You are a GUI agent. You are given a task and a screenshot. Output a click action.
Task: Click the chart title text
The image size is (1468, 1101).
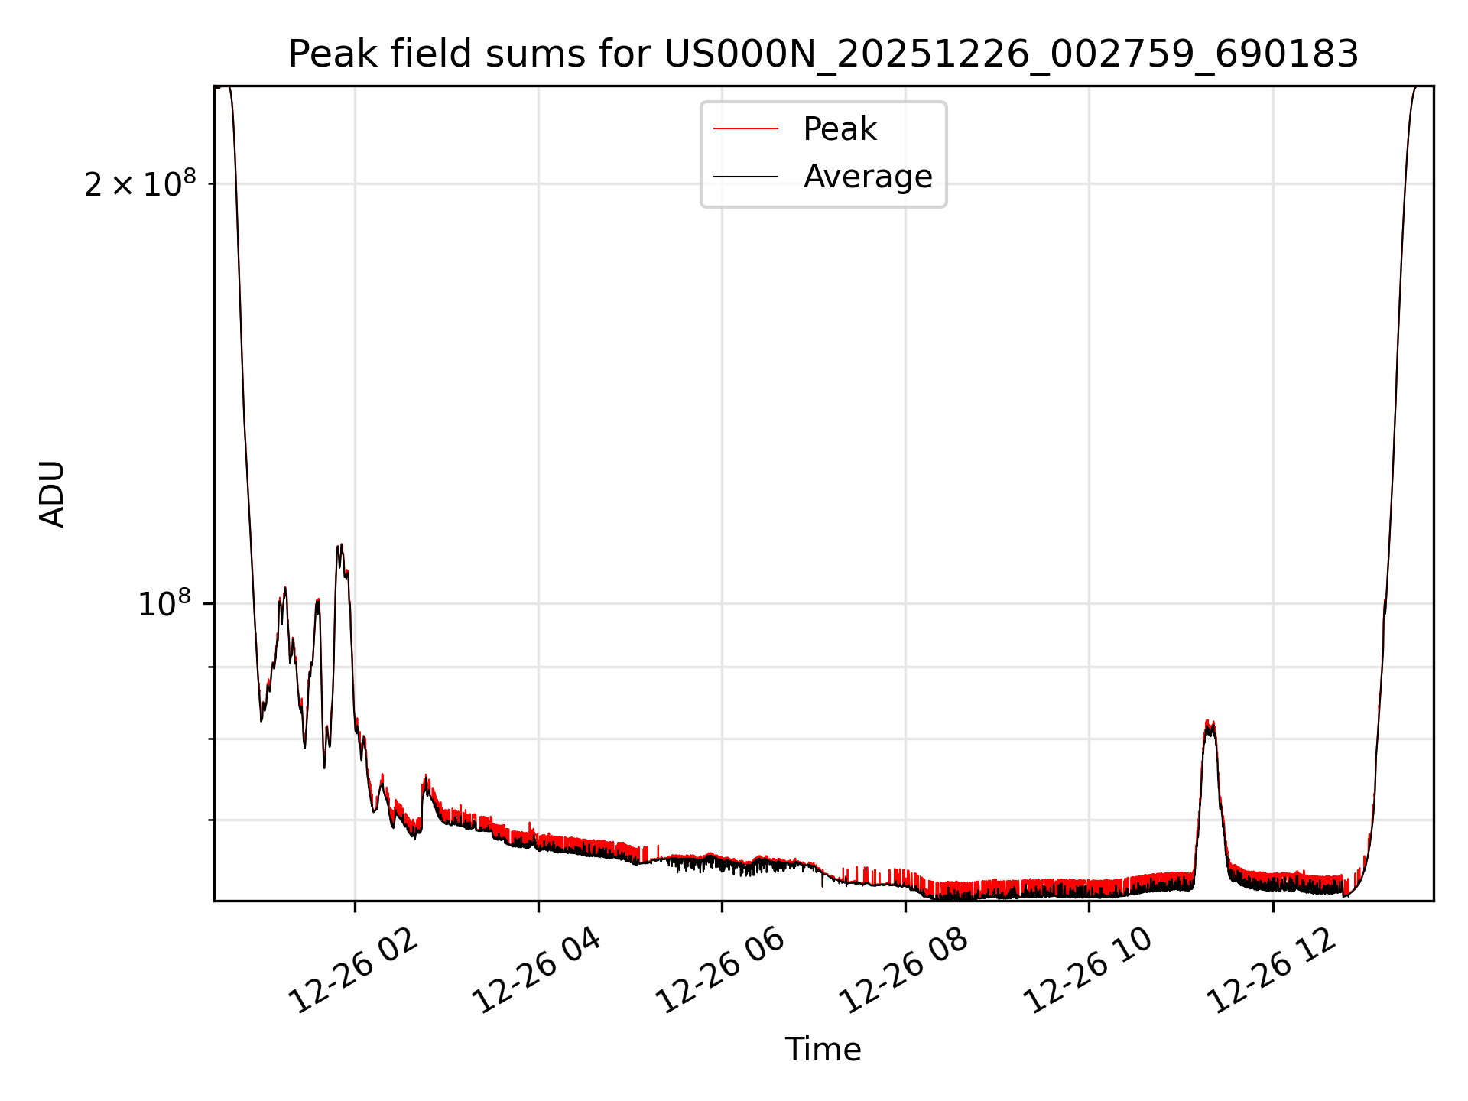[x=823, y=54]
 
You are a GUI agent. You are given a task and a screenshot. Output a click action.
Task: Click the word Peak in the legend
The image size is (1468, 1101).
[x=840, y=129]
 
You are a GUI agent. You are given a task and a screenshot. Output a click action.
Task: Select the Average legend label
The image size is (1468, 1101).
[x=868, y=177]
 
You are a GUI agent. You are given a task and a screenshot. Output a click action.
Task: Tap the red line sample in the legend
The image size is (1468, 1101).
[x=745, y=129]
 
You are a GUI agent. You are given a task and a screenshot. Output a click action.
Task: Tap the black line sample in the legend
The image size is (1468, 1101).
[x=745, y=177]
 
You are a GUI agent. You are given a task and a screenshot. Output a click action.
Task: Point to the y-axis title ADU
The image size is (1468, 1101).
[x=52, y=493]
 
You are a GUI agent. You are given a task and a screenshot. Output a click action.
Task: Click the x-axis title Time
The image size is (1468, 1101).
[x=823, y=1050]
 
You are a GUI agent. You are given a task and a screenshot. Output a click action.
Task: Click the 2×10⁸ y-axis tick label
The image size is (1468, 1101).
[x=140, y=184]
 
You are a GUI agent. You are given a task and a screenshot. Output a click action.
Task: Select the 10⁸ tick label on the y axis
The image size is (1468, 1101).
[x=164, y=604]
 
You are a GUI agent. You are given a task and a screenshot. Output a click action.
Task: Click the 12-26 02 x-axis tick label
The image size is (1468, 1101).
[x=354, y=971]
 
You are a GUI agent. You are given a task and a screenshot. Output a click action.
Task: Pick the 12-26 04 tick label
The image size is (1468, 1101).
[x=538, y=971]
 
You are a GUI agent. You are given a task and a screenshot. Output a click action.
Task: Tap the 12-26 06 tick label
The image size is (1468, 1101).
[x=721, y=971]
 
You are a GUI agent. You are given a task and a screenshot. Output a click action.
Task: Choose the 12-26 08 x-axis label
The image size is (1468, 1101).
[x=905, y=971]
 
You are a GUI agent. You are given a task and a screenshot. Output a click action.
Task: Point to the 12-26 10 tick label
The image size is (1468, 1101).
[x=1088, y=971]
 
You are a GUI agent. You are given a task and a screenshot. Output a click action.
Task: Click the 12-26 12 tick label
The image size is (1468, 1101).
[x=1272, y=971]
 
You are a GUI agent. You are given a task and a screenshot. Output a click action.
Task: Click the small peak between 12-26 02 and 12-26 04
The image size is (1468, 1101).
[x=425, y=778]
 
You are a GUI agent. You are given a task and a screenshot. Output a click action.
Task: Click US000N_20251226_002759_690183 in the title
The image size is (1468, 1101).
[x=1011, y=54]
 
